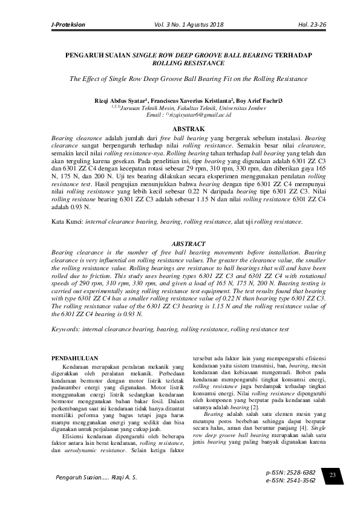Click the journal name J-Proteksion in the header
[68, 25]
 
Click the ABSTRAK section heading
[180, 129]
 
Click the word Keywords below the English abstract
[65, 329]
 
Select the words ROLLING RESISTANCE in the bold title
[180, 63]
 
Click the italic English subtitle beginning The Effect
[180, 79]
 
